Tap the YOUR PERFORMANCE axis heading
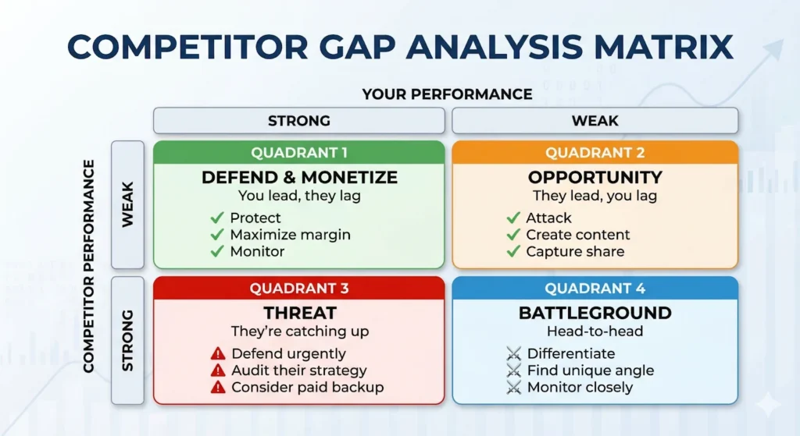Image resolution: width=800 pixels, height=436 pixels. [x=447, y=94]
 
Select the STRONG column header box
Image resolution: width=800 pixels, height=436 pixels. [x=299, y=121]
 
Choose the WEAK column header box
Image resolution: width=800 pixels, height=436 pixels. [x=595, y=121]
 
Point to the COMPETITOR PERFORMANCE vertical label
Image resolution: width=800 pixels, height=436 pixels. [x=89, y=266]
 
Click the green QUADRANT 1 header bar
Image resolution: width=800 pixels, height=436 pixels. [x=299, y=153]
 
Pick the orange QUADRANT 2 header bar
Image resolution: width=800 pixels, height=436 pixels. [x=595, y=153]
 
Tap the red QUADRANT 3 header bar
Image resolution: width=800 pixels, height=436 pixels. [x=299, y=289]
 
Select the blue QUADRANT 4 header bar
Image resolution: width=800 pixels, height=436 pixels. [x=595, y=289]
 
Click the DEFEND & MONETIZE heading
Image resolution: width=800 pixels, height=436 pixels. [x=299, y=177]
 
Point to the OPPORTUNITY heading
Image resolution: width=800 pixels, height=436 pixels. [x=595, y=177]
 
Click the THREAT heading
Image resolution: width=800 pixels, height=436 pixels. [x=299, y=314]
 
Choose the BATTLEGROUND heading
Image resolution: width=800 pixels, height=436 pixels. [x=595, y=314]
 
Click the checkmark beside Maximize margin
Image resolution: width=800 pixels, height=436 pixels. [x=216, y=235]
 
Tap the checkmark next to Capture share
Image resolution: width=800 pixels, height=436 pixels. [x=513, y=251]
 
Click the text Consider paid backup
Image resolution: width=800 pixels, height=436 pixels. [x=307, y=388]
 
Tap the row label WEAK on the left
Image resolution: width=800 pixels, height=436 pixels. [x=127, y=204]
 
